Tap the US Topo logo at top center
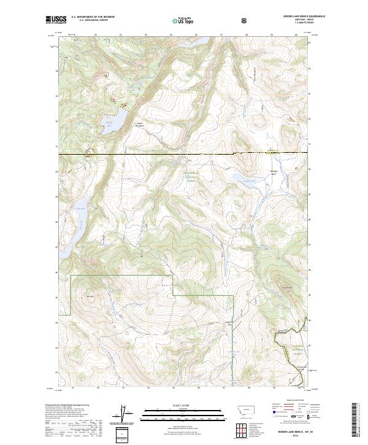tap(178, 20)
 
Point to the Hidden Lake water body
tap(115, 123)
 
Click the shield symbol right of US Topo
tap(245, 20)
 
